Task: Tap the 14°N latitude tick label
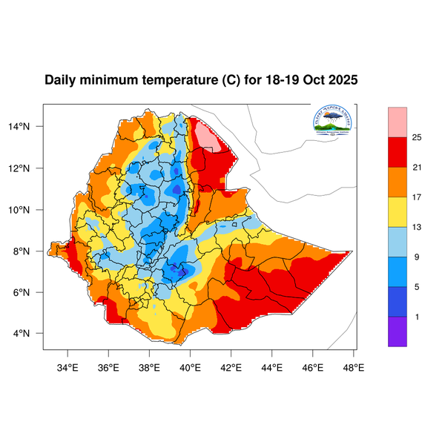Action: tap(28, 127)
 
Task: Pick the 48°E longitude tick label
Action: tap(353, 366)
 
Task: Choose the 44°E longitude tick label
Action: tap(271, 366)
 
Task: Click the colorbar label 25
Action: tap(416, 137)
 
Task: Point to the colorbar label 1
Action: tap(416, 317)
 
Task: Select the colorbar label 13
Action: tap(416, 227)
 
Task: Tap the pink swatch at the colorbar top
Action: tap(398, 120)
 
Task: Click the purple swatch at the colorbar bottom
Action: tap(398, 332)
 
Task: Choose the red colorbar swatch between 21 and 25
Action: tap(398, 152)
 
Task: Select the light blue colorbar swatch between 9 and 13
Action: tap(398, 242)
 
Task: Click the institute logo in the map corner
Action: tap(333, 122)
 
